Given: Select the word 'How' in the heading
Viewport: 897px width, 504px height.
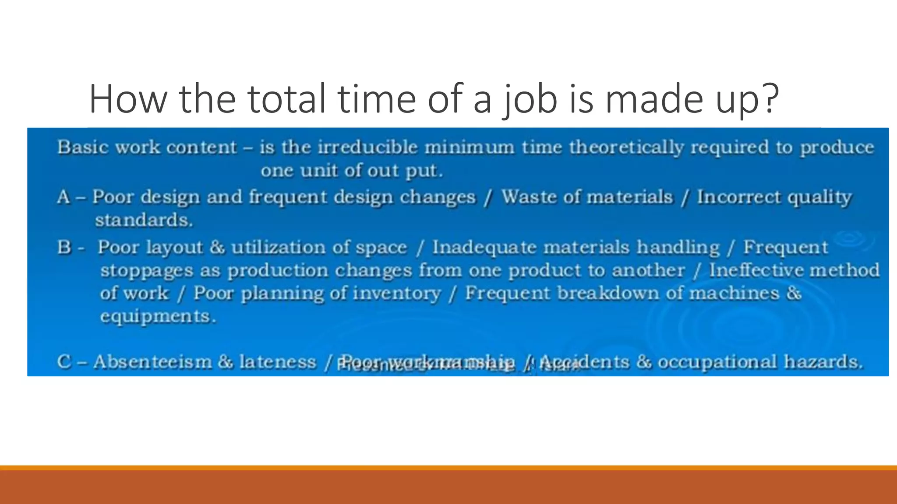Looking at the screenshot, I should click(x=128, y=99).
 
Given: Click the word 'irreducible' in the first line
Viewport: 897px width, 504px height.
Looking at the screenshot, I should click(x=367, y=147).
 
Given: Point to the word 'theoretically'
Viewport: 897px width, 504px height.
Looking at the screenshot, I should click(x=626, y=147).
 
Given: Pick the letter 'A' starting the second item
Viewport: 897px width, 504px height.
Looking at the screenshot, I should click(x=64, y=197).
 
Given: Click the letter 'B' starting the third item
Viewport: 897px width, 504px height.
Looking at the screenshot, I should click(x=64, y=248).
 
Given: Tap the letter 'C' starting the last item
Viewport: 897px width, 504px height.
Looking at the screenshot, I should click(x=64, y=362).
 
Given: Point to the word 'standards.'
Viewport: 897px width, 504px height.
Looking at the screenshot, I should click(x=144, y=220).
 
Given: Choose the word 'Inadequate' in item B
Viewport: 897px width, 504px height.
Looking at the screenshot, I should click(x=484, y=248).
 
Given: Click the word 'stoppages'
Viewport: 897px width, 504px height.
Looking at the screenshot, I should click(x=147, y=271).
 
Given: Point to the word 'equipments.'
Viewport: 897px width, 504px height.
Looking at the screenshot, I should click(x=158, y=316).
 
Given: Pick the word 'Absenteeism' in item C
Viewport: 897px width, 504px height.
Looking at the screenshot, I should click(x=152, y=362).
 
